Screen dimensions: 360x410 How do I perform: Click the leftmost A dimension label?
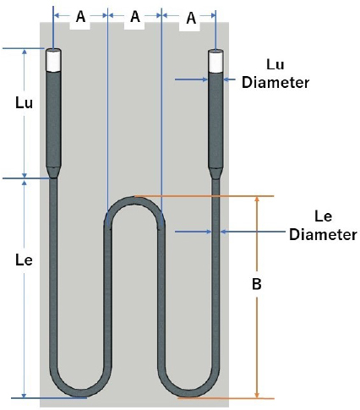click(x=80, y=17)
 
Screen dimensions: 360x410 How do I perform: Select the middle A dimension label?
click(x=135, y=17)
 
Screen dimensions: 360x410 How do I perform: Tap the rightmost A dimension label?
click(x=191, y=19)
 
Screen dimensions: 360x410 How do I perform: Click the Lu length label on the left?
click(x=24, y=103)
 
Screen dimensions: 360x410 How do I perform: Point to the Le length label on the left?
click(x=24, y=260)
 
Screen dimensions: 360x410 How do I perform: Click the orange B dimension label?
click(x=257, y=284)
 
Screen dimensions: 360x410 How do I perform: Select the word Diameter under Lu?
click(x=275, y=83)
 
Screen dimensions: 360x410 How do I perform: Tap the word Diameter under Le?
click(x=323, y=234)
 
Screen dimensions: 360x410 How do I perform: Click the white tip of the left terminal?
click(x=53, y=60)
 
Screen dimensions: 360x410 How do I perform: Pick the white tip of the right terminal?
click(x=215, y=61)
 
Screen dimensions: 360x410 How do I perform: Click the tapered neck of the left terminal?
click(x=53, y=172)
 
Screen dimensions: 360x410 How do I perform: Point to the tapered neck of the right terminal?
click(x=215, y=173)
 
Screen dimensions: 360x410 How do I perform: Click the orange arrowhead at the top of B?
click(x=257, y=199)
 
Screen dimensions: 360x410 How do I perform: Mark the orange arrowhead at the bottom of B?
click(x=257, y=395)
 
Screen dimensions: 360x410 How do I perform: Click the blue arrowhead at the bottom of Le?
click(x=25, y=395)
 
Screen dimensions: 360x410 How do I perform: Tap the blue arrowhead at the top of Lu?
click(x=25, y=52)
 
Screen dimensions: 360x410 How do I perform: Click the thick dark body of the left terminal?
click(x=53, y=119)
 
